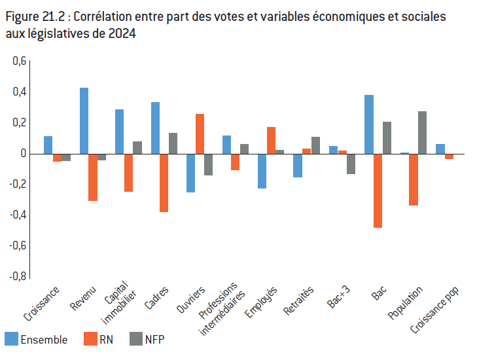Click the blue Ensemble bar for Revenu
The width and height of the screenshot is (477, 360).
[x=84, y=121]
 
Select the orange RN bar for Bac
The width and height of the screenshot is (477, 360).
[x=378, y=191]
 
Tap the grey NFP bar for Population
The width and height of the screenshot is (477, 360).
[x=422, y=133]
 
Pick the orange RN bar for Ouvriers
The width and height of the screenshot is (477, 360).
[x=200, y=134]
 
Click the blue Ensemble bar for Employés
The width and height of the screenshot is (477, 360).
[x=262, y=171]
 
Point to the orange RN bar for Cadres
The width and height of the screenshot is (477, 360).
[x=164, y=183]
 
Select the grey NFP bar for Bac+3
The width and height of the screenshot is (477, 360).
[x=351, y=164]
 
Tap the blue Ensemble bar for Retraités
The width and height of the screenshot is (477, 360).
[x=298, y=166]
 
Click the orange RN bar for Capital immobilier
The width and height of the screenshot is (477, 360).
[x=128, y=173]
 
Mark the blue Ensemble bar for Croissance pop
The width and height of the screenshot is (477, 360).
[x=440, y=149]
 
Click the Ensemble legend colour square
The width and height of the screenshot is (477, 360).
[x=12, y=339]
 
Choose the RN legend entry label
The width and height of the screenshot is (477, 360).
[x=106, y=340]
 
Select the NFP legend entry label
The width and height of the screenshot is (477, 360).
[x=154, y=340]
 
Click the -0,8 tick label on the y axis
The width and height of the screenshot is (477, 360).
[x=18, y=277]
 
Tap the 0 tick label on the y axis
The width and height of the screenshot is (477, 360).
[x=23, y=154]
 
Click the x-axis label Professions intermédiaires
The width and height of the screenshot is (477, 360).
[x=221, y=308]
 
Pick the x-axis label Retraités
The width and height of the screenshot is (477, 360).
[x=298, y=300]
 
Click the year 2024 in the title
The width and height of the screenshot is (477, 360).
[x=122, y=33]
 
